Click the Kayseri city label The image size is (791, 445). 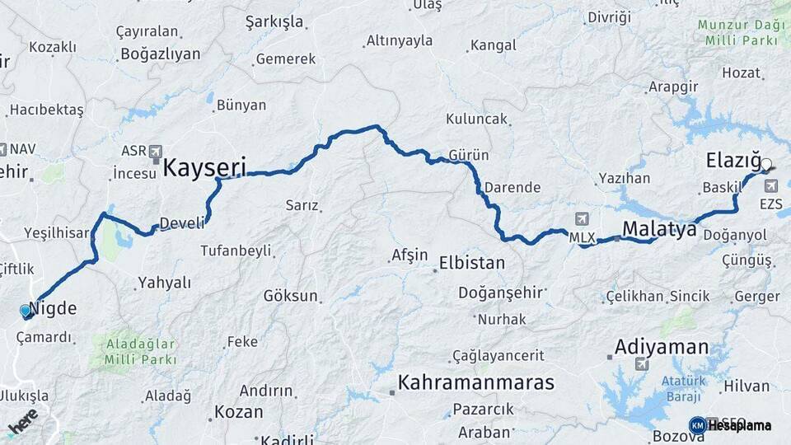tap(204, 167)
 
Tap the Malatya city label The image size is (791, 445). tap(659, 228)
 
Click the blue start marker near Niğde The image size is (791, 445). tap(26, 311)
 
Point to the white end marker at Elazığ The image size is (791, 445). tap(766, 165)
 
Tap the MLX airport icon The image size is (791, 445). tap(583, 219)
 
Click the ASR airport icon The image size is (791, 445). tap(155, 151)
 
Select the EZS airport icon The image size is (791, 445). tap(770, 185)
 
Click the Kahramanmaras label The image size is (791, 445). tap(475, 382)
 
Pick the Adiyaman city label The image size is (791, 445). tap(661, 346)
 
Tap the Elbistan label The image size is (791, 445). tap(472, 263)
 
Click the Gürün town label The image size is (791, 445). tap(469, 155)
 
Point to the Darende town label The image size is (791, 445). tap(513, 187)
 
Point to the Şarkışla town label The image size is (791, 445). tap(274, 22)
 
